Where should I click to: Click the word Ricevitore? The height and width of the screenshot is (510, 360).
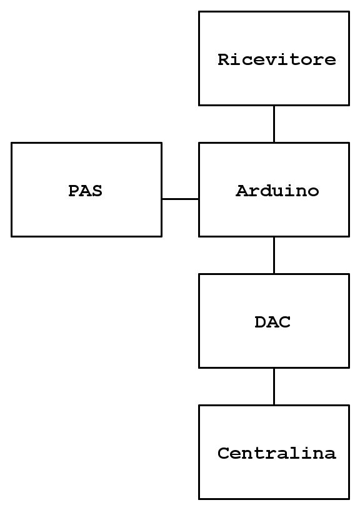pos(277,59)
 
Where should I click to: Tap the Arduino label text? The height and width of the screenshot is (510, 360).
pos(277,191)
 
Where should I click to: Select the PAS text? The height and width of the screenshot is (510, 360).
pos(85,191)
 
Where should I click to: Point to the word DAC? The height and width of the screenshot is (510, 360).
pos(272,322)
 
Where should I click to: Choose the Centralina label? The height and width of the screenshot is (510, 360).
pos(277,453)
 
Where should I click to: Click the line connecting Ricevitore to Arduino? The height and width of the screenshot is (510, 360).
pos(274,124)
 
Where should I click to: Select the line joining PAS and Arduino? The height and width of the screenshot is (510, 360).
pos(180,199)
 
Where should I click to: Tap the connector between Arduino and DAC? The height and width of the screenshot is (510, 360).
pos(274,256)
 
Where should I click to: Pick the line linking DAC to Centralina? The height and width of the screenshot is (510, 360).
pos(274,386)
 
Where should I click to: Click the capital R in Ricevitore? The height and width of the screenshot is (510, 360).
pos(224,60)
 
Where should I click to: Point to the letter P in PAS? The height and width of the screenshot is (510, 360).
pos(74,191)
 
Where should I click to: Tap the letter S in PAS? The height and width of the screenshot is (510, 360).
pos(97,191)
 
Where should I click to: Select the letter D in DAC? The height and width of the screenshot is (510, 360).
pos(261,322)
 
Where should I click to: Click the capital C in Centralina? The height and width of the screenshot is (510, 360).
pos(223,453)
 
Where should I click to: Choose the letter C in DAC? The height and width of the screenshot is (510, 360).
pos(285,322)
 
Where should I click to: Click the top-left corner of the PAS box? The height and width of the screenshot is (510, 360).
pos(12,142)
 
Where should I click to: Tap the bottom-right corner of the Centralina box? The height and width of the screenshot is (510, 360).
pos(349,499)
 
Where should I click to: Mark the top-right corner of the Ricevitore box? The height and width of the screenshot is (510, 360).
pos(349,12)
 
